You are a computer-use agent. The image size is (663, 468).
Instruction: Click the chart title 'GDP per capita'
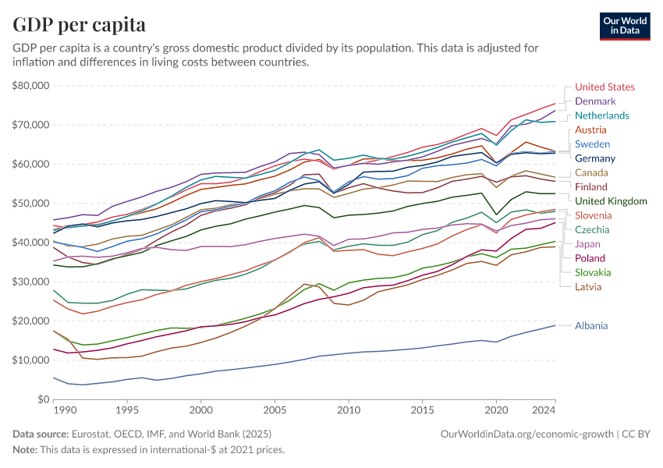pos(79,24)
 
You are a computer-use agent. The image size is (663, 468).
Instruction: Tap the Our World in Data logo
pos(625,25)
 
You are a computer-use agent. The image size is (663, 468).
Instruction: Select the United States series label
pos(604,87)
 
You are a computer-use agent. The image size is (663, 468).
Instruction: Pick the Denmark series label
pos(595,101)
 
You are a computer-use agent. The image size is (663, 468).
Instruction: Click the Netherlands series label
pos(601,115)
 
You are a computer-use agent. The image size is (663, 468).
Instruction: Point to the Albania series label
pos(591,325)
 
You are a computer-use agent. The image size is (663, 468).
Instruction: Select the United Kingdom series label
pos(612,201)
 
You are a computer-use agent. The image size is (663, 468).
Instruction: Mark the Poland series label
pos(590,258)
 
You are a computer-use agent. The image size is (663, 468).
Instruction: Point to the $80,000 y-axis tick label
pos(31,85)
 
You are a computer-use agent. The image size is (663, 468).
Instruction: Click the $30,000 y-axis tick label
pos(31,282)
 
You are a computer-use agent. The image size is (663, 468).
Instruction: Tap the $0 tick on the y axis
pos(44,399)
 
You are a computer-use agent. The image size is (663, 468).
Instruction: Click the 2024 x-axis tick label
pos(543,409)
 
